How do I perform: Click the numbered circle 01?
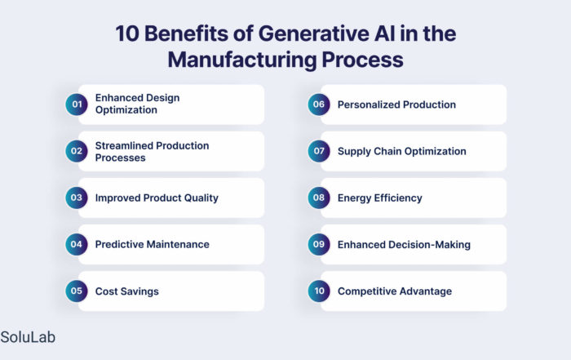77,104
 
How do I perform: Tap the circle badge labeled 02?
77,151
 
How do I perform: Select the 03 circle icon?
77,198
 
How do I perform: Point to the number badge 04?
77,245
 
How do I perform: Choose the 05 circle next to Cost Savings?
77,291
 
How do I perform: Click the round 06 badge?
319,104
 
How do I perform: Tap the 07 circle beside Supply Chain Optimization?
319,151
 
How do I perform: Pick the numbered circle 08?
319,198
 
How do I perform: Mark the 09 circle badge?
319,245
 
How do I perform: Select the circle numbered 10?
319,291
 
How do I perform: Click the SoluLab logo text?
28,337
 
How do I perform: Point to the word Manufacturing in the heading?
242,60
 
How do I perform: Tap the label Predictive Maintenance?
153,245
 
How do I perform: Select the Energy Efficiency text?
380,198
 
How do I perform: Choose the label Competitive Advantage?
395,291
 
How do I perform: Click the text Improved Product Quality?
157,198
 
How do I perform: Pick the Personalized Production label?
396,104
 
